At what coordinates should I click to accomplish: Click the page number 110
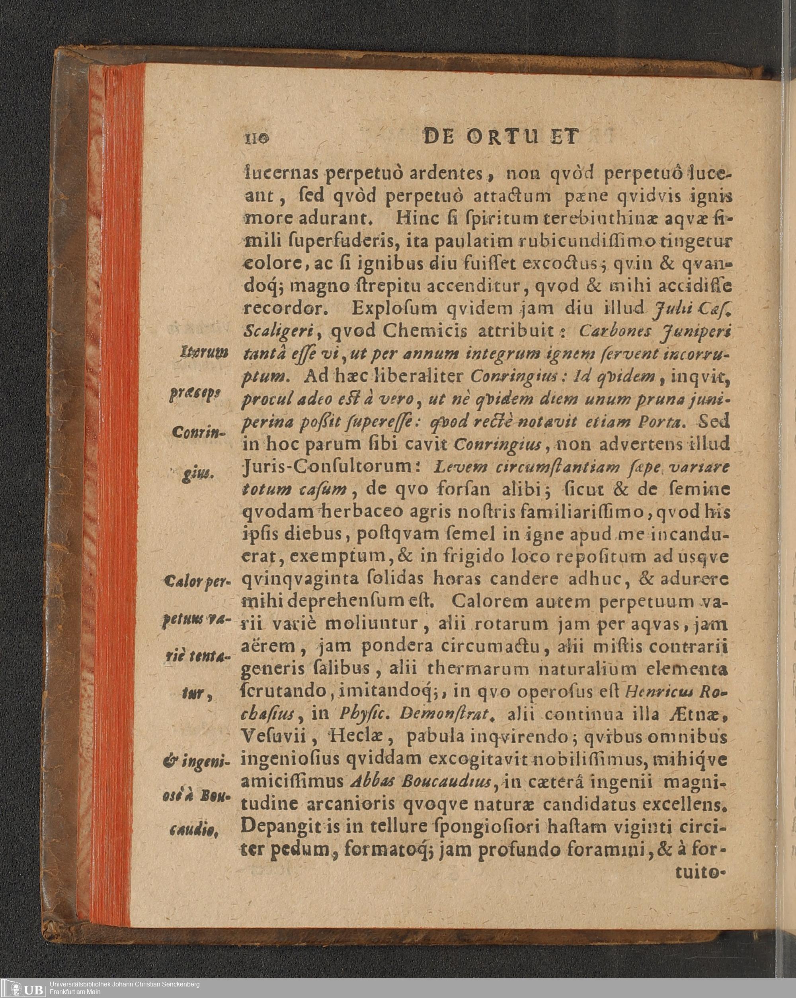coord(256,138)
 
